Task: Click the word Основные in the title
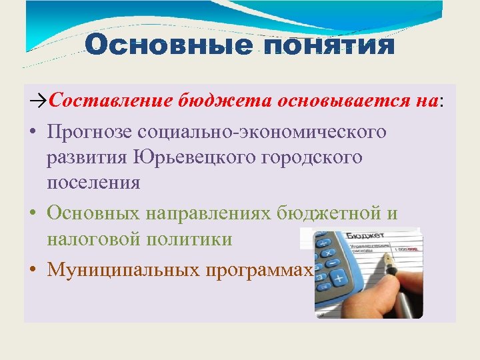pyautogui.click(x=168, y=45)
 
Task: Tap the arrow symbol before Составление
pyautogui.click(x=39, y=101)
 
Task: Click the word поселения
pyautogui.click(x=93, y=183)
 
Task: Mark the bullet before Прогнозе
pyautogui.click(x=32, y=132)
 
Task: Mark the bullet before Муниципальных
pyautogui.click(x=32, y=270)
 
